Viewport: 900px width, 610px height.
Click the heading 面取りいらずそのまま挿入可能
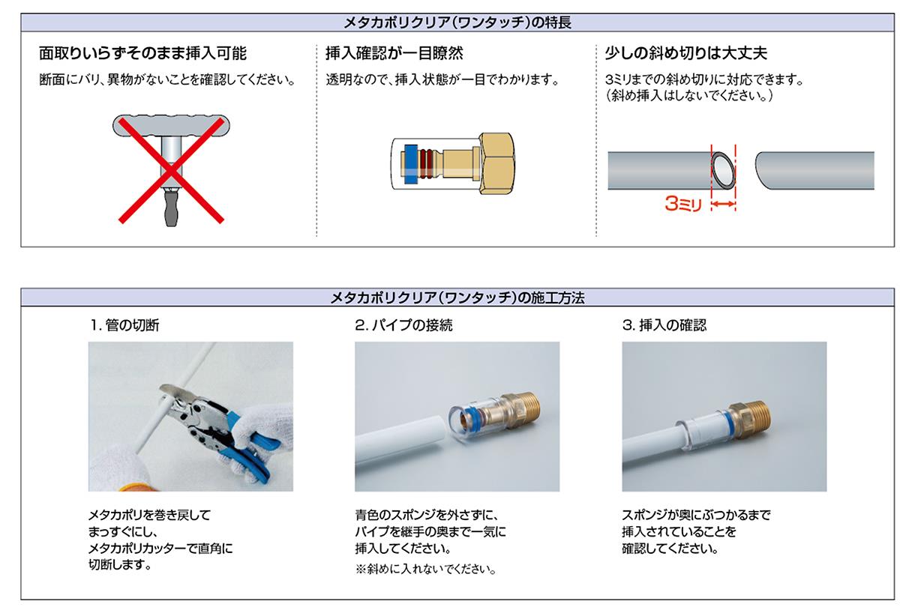tap(142, 53)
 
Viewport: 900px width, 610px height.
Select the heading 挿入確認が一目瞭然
tap(394, 53)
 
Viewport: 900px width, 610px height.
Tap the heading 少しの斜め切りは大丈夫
tap(685, 53)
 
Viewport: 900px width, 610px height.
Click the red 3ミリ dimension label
tap(683, 204)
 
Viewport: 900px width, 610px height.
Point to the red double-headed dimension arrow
tap(724, 204)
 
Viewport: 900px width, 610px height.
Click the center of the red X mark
tap(171, 170)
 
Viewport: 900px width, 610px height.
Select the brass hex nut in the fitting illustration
tap(496, 163)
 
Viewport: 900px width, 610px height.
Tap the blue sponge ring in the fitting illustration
tap(410, 164)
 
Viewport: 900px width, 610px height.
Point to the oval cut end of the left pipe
tap(724, 170)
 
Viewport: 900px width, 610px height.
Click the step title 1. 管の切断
tap(125, 325)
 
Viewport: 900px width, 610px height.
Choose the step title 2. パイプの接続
tap(403, 325)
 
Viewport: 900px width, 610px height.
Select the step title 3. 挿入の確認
tap(664, 325)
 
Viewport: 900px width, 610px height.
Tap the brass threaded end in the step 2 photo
tap(526, 409)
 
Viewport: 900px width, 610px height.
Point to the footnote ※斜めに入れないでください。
tap(426, 569)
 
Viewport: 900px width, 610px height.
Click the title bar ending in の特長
tap(457, 22)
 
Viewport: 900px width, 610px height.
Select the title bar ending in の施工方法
tap(457, 298)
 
